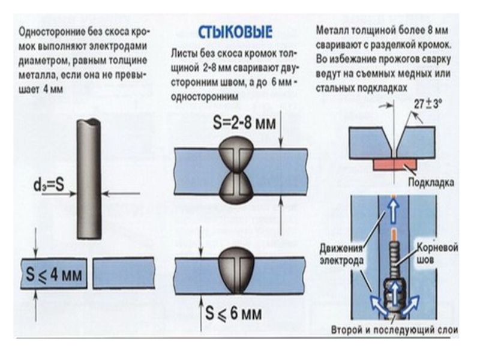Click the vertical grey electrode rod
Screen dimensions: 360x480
[x=89, y=180]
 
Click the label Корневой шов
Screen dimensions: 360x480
[x=431, y=251]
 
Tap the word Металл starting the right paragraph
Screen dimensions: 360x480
[x=331, y=30]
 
